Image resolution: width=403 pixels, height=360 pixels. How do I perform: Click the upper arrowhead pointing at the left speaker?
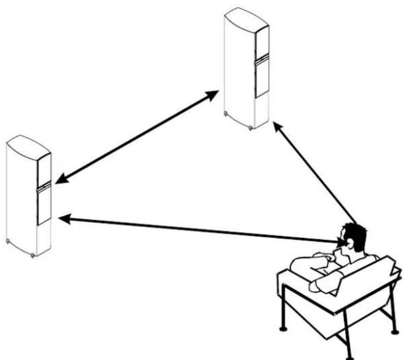click(61, 179)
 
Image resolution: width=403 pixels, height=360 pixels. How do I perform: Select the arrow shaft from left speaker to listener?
click(198, 230)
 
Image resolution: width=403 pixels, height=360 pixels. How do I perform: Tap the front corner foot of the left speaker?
click(33, 254)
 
